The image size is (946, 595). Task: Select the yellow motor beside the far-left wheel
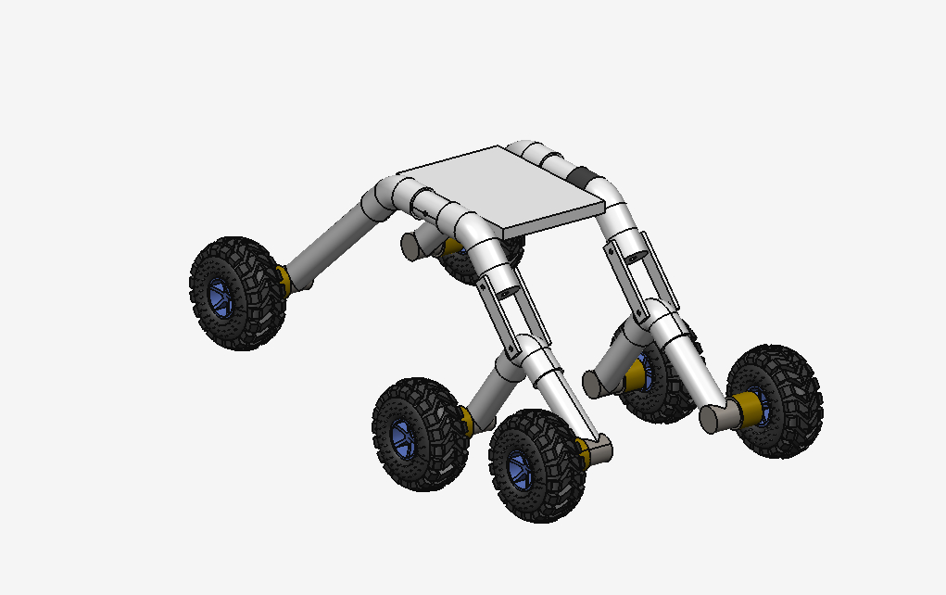coord(284,278)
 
